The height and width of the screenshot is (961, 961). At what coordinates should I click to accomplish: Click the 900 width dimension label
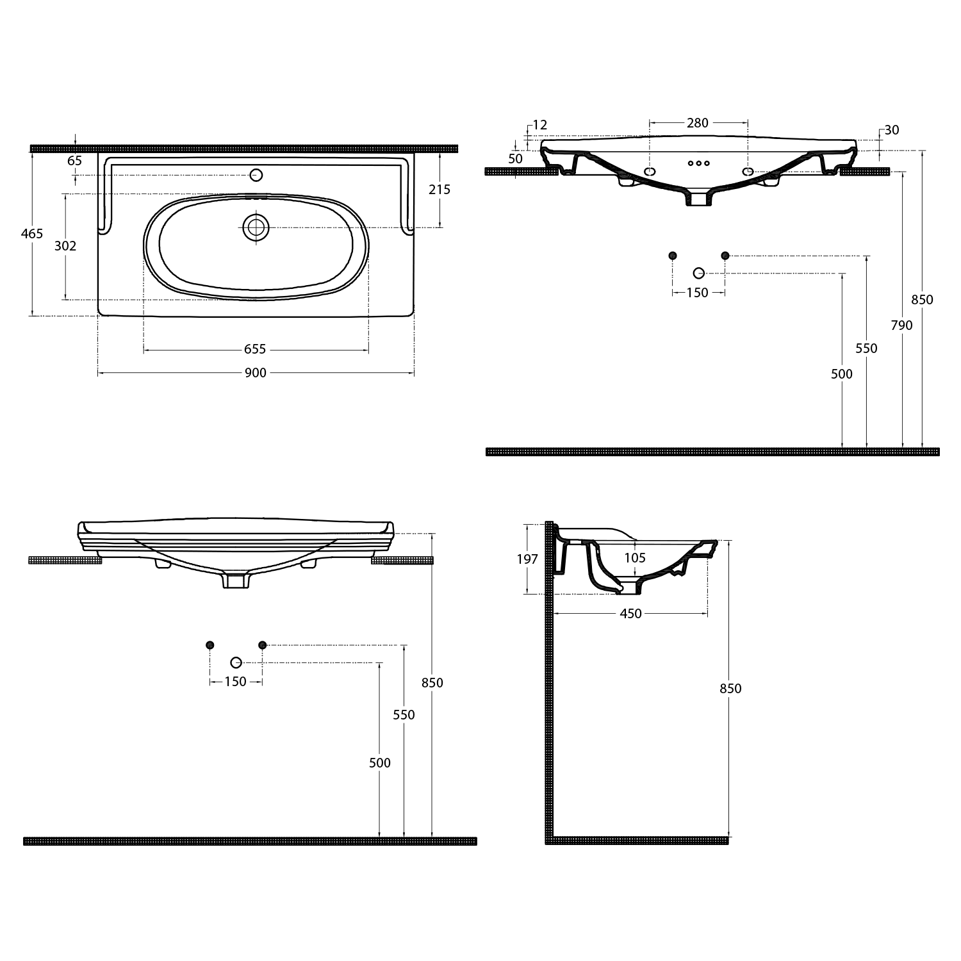click(x=255, y=372)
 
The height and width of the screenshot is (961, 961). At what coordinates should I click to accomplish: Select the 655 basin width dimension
click(x=255, y=349)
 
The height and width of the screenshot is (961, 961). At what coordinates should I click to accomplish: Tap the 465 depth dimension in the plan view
click(x=32, y=233)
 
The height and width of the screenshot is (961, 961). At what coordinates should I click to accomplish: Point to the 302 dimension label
click(x=65, y=245)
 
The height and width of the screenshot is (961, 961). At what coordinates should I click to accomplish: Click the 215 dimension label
click(x=439, y=189)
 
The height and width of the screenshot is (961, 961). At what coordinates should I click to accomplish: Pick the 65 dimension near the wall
click(x=74, y=161)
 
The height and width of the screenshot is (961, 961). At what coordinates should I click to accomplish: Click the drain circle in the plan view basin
click(x=256, y=227)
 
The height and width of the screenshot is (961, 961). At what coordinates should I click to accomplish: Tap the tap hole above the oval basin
click(x=256, y=175)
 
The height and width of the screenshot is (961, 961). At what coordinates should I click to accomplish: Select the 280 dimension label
click(x=697, y=123)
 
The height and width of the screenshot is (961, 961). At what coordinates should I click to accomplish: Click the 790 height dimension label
click(x=901, y=325)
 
